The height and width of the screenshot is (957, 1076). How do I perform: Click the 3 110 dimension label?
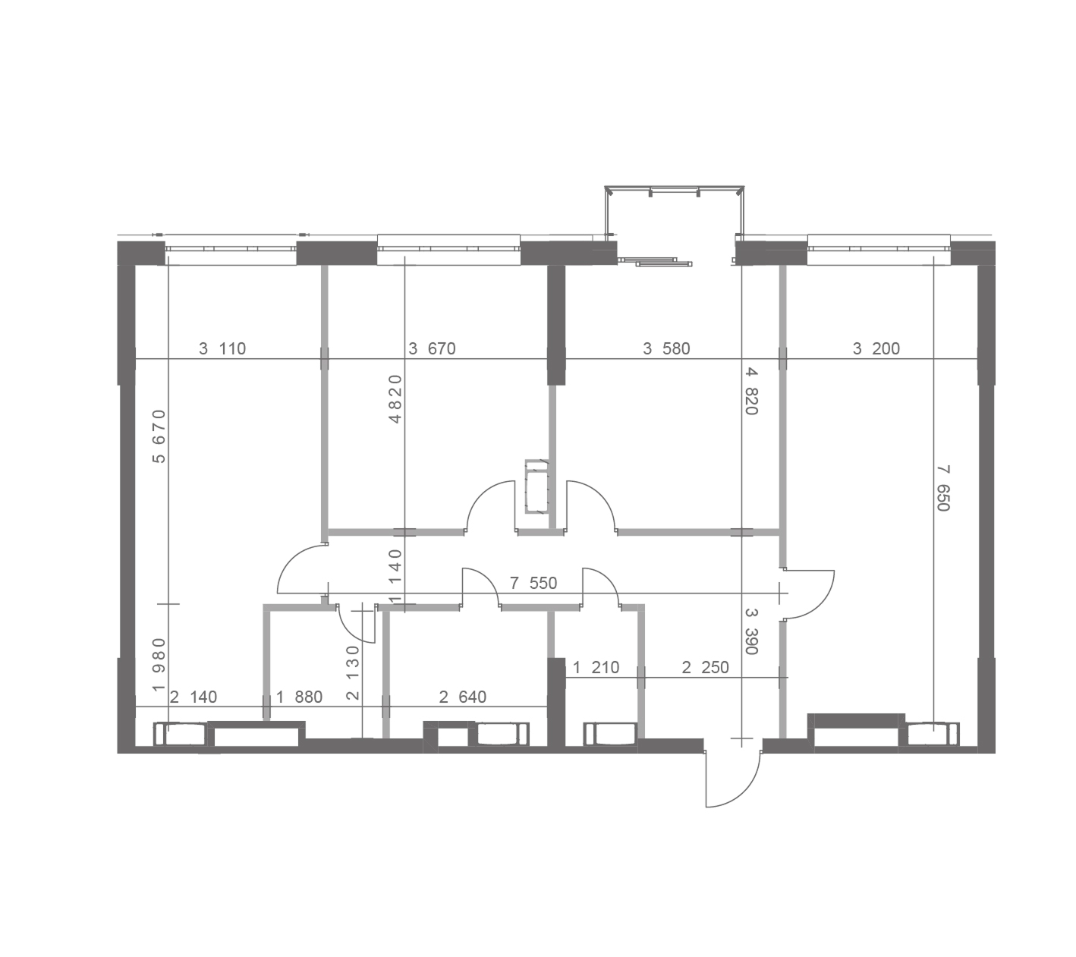222,349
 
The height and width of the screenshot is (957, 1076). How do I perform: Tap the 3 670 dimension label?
432,349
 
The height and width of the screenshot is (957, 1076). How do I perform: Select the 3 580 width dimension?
666,349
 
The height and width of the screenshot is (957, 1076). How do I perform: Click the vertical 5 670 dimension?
159,436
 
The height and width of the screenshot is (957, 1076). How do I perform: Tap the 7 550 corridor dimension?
533,584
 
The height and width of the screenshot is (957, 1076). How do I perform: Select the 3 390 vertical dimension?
751,631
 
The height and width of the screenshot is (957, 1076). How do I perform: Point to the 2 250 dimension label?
705,668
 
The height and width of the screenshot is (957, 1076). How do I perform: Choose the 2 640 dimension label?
463,697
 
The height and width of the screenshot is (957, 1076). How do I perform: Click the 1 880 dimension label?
299,697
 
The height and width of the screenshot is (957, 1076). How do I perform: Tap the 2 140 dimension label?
193,697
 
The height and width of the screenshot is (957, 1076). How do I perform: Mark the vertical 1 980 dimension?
159,665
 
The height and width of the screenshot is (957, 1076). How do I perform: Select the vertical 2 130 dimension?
353,673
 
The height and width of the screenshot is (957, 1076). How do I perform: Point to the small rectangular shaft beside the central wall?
536,486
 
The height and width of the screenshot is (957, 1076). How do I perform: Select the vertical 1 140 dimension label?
395,576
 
